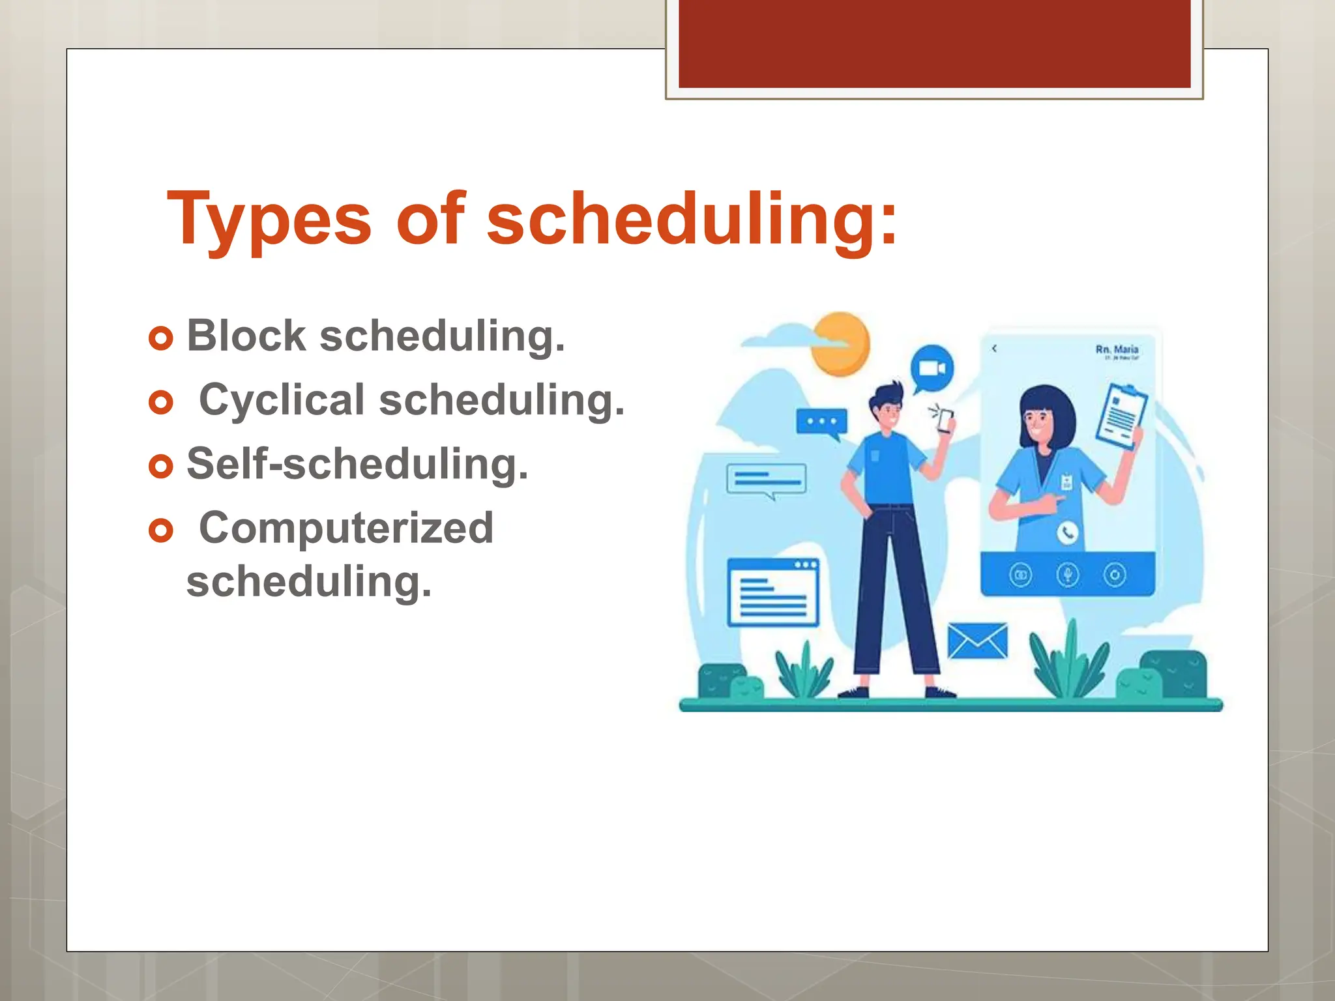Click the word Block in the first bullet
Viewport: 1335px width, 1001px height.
pos(246,336)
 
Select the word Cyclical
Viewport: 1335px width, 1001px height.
pos(282,399)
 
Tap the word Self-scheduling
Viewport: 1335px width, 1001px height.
pos(357,464)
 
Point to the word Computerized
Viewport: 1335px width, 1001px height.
pos(346,527)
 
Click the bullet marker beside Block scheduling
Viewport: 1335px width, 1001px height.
pos(161,338)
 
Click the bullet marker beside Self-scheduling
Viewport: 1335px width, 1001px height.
pos(161,466)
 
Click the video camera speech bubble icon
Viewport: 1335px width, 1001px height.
pos(932,368)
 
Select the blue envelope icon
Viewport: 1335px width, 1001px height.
pos(977,641)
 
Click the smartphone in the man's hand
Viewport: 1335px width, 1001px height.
pos(945,421)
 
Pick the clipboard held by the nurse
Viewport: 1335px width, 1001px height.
pos(1121,416)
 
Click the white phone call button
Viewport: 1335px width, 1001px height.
pos(1067,532)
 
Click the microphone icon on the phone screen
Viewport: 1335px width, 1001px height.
pos(1067,575)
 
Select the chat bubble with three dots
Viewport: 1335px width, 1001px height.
pos(821,422)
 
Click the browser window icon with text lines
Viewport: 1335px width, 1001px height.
pos(773,592)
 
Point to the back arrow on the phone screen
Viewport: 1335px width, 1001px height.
pos(995,349)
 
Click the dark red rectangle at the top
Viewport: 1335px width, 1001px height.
pos(934,43)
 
